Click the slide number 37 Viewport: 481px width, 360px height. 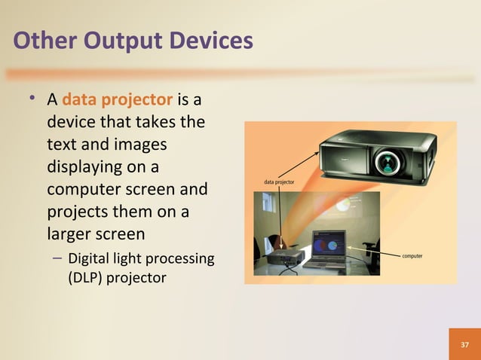[x=464, y=344]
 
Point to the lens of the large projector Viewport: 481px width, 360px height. [x=389, y=160]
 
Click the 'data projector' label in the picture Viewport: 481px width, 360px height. [x=279, y=182]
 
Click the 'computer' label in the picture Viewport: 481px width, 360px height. [x=412, y=256]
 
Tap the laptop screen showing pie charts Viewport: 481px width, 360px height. [x=329, y=244]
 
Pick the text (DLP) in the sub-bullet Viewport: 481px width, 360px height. [x=84, y=277]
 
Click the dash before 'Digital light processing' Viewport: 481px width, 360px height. [x=58, y=260]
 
